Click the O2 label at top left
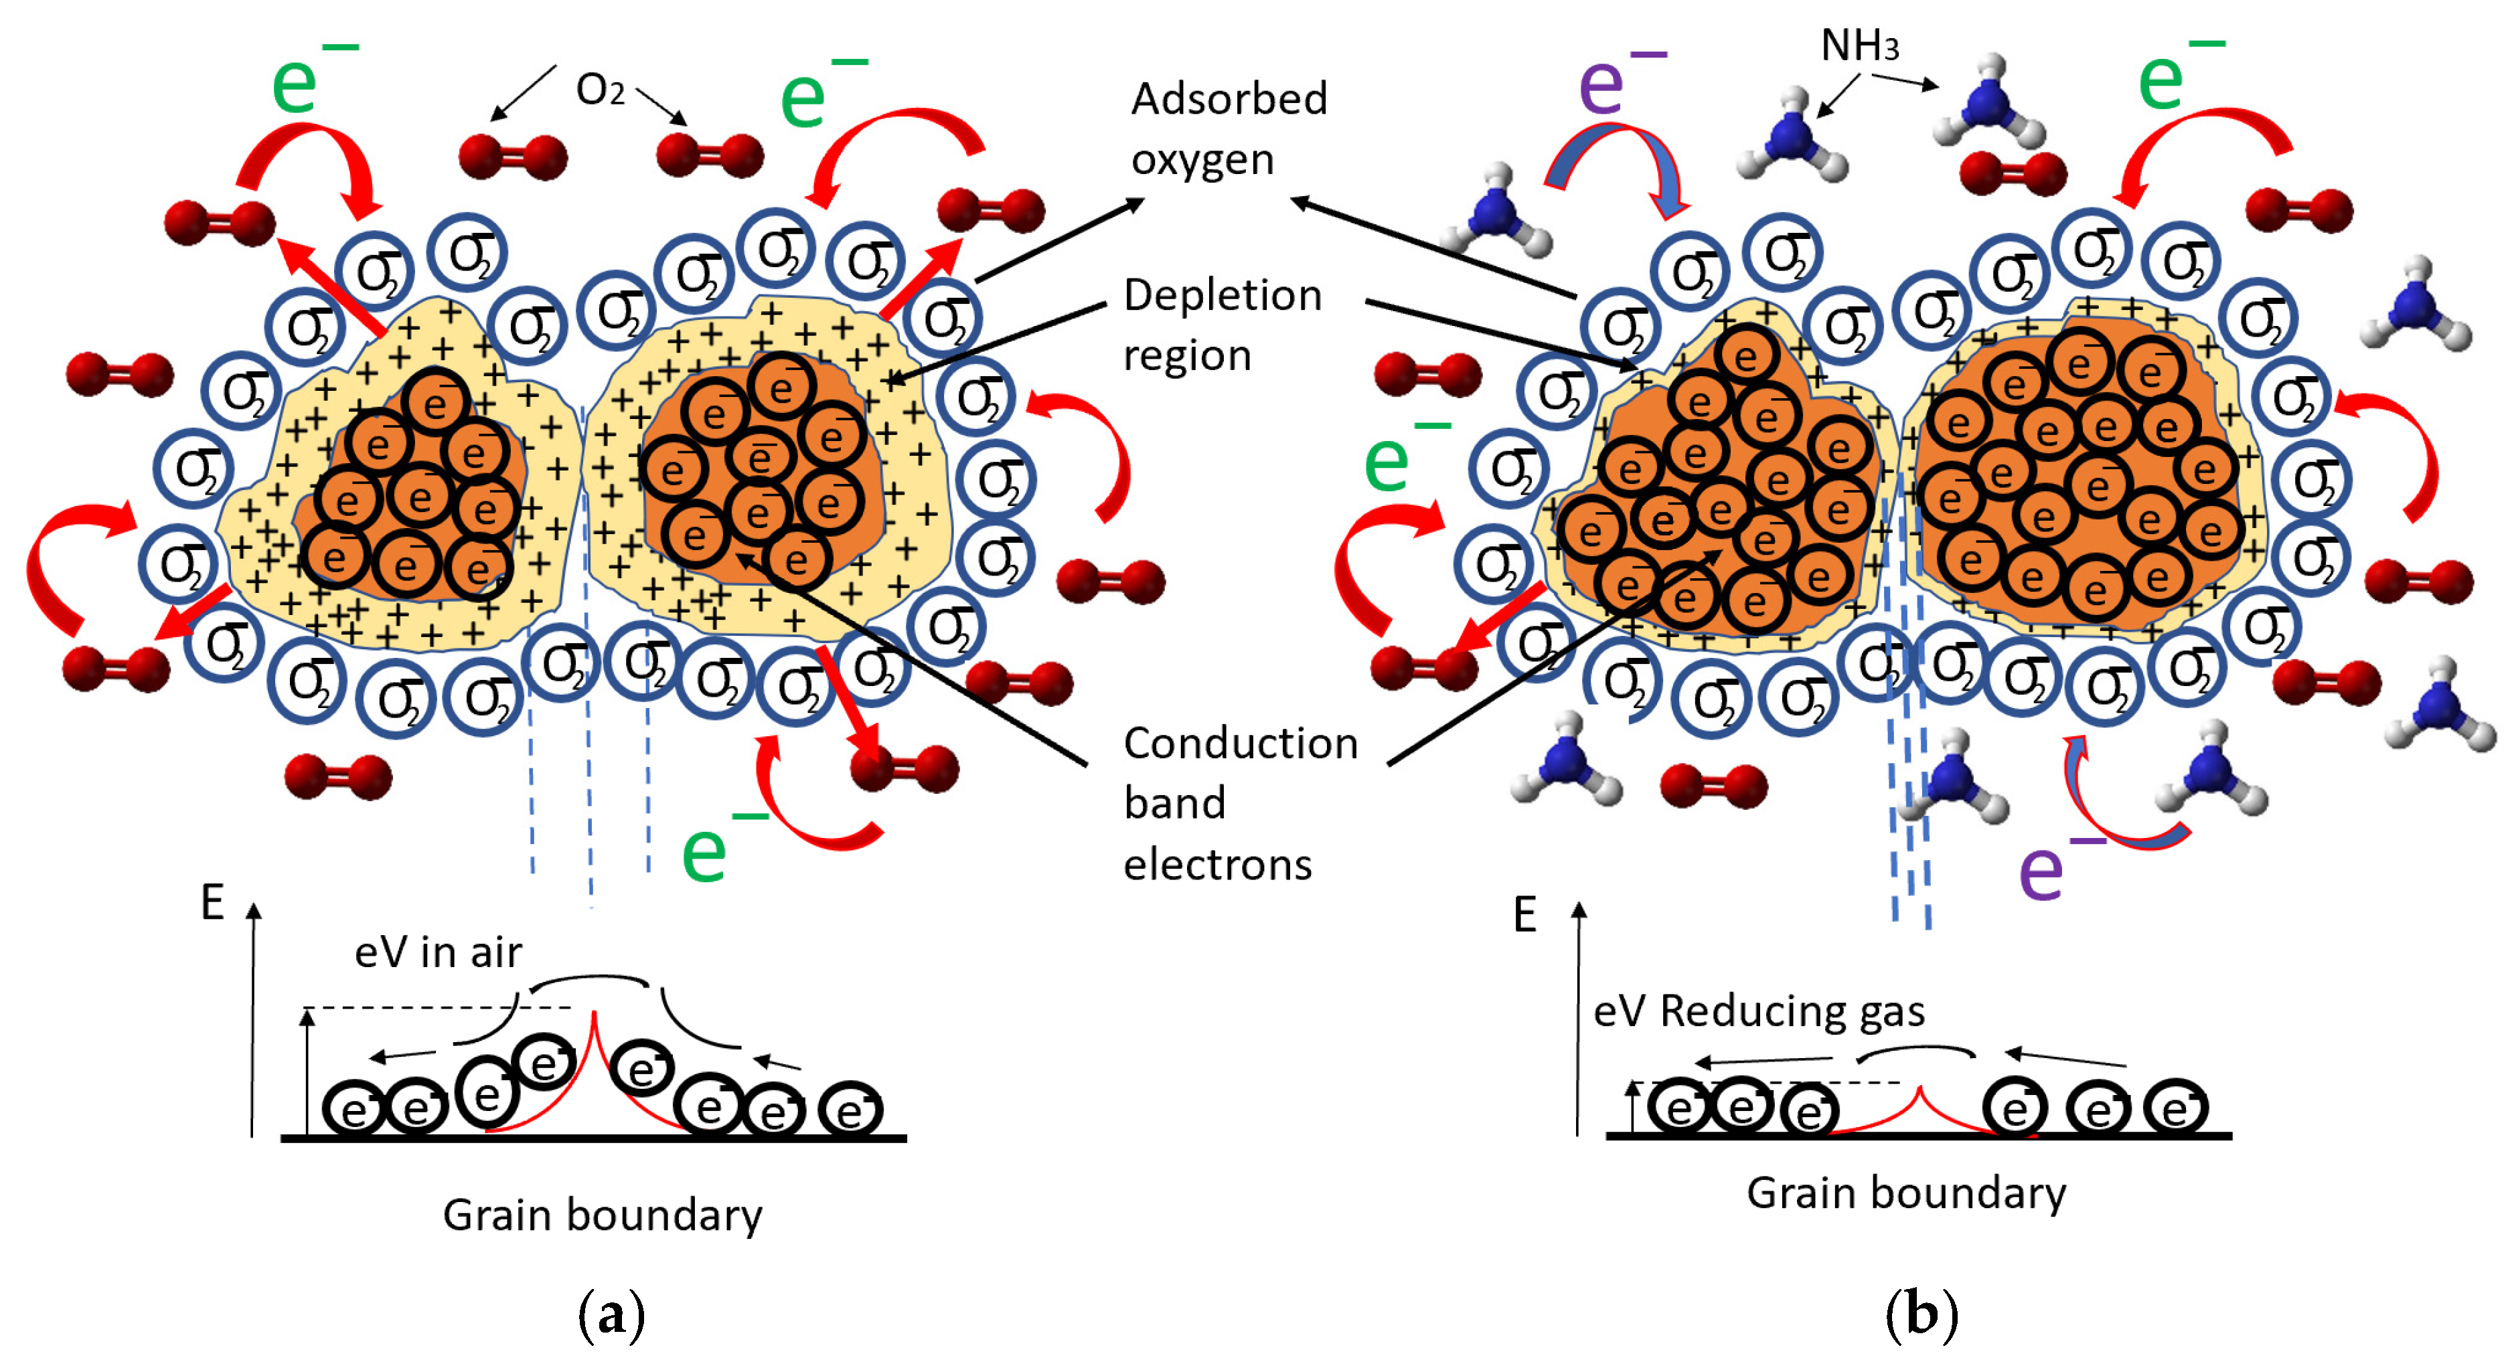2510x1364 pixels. tap(600, 90)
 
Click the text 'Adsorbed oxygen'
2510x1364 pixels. tap(1228, 129)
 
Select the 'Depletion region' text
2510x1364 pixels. tap(1221, 325)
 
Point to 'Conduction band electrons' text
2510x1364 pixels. tap(1239, 803)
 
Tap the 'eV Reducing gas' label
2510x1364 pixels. tap(1759, 1011)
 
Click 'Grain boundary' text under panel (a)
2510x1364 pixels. tap(602, 1215)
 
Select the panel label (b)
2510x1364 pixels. tap(1921, 1314)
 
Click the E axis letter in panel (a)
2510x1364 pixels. tap(212, 902)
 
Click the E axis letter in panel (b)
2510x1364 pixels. tap(1525, 915)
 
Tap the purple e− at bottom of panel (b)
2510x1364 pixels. tap(2051, 867)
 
